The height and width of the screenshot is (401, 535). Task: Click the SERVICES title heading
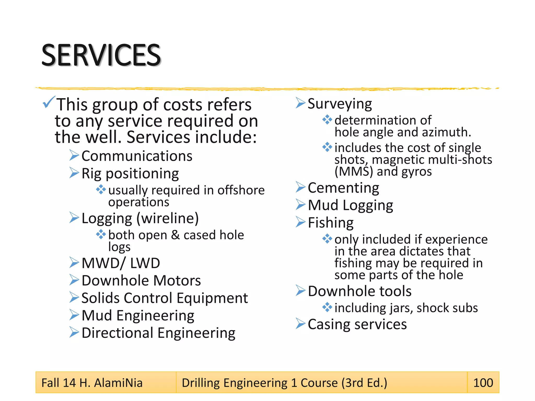coord(101,55)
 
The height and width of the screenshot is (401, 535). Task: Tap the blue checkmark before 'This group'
coord(49,102)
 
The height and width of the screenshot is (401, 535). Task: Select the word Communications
coord(137,156)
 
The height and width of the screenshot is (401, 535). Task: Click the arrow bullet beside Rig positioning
coord(74,173)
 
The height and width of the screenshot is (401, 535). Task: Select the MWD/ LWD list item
coord(121,263)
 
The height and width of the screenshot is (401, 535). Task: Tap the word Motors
coord(177,280)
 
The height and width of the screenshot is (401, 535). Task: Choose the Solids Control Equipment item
coord(165,298)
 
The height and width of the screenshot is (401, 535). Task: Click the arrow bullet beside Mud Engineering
coord(74,315)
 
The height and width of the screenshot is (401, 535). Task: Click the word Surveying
coord(340,104)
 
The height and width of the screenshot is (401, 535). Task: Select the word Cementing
coord(343,188)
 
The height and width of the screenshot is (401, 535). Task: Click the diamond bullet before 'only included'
coord(327,238)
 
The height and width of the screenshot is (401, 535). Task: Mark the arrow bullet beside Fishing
coord(300,222)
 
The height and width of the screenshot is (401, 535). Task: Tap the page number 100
coord(483,383)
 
